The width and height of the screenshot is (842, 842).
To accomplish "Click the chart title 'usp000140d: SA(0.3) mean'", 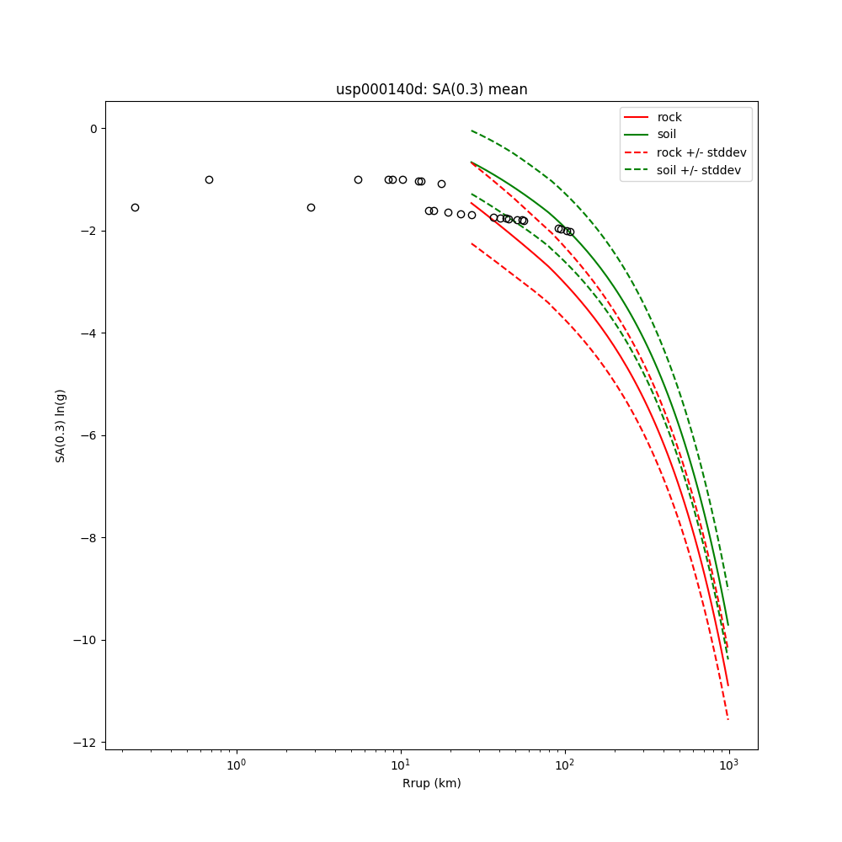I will [431, 89].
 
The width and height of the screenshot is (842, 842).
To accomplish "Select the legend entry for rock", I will [669, 117].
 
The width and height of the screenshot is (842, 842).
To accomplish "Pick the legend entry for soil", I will [666, 134].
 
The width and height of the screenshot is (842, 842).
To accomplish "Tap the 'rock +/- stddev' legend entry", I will [701, 152].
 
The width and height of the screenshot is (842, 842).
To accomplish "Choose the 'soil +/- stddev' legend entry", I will [701, 169].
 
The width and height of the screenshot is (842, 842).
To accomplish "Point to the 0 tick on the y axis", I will [93, 129].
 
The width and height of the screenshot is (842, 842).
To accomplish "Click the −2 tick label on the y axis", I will [88, 231].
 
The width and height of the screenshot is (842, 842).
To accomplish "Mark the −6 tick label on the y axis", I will [88, 435].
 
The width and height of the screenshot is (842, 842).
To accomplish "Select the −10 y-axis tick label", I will [86, 640].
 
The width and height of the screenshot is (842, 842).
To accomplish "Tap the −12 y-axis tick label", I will [86, 743].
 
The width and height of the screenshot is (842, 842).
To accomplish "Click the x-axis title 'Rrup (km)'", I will [431, 783].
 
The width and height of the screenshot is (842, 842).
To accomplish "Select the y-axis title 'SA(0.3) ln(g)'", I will [61, 425].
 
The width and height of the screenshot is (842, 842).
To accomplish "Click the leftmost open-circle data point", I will [135, 207].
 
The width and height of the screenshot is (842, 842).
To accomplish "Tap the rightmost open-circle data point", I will [570, 232].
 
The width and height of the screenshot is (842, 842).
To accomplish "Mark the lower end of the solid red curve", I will [728, 685].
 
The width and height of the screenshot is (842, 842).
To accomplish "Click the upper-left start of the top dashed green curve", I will [472, 131].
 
